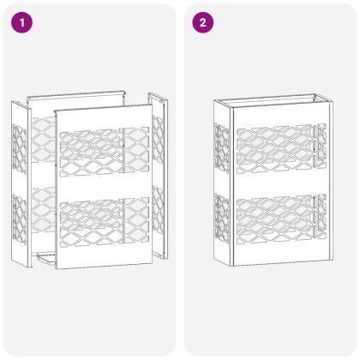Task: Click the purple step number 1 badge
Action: tap(21, 22)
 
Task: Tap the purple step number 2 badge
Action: tap(201, 22)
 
